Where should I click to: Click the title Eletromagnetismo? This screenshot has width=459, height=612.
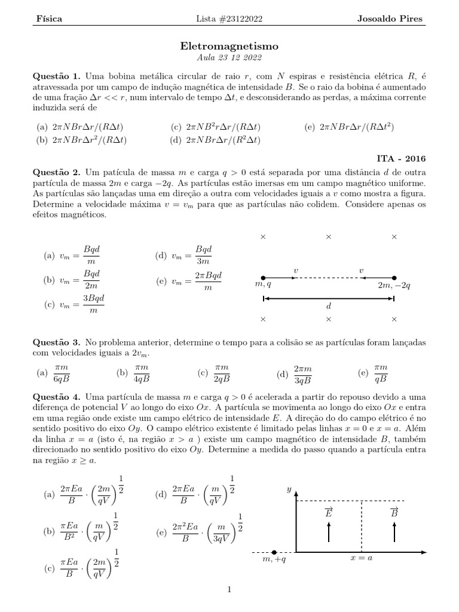point(229,45)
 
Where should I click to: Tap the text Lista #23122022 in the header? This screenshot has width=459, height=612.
point(229,19)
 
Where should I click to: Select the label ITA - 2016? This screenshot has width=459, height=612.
point(400,159)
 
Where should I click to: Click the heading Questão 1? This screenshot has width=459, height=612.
point(59,76)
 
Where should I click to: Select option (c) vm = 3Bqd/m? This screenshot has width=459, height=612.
point(71,304)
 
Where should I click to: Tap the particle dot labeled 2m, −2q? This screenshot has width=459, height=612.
point(394,278)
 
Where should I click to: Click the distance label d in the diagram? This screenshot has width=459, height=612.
point(328,305)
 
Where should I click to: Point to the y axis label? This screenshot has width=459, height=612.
point(289,489)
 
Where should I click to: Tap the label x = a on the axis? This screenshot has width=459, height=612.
point(361,558)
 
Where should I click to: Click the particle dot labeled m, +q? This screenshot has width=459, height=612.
point(274,552)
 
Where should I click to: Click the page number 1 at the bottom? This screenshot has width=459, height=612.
point(229,590)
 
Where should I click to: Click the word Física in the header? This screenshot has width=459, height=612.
point(50,19)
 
